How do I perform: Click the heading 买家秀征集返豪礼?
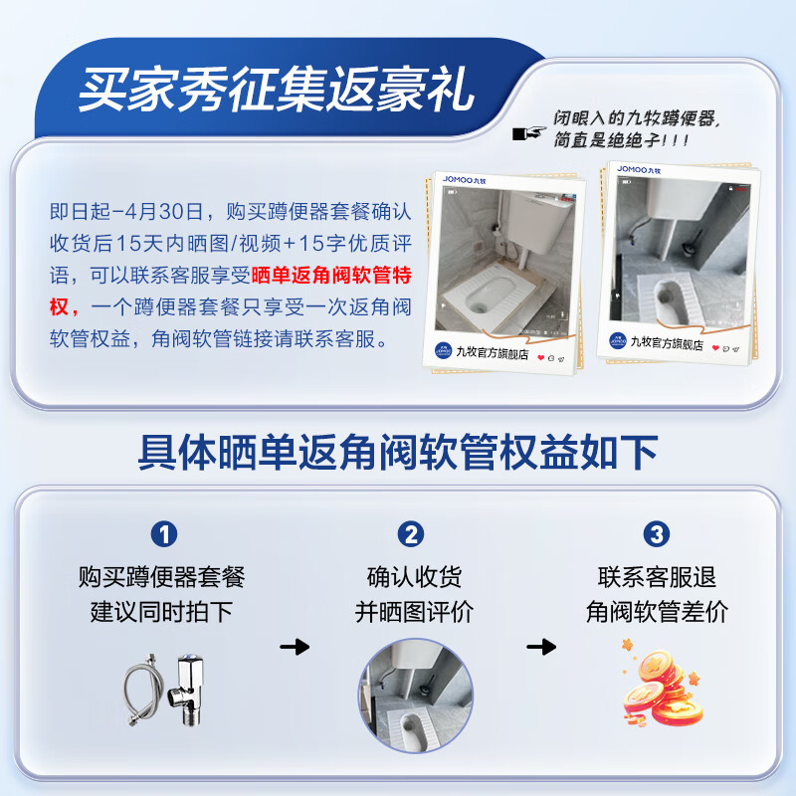click(x=278, y=90)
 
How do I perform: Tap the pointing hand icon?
click(x=530, y=132)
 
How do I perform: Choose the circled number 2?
click(x=411, y=534)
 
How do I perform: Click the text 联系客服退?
click(x=657, y=577)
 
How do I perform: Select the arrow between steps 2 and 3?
click(x=540, y=647)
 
